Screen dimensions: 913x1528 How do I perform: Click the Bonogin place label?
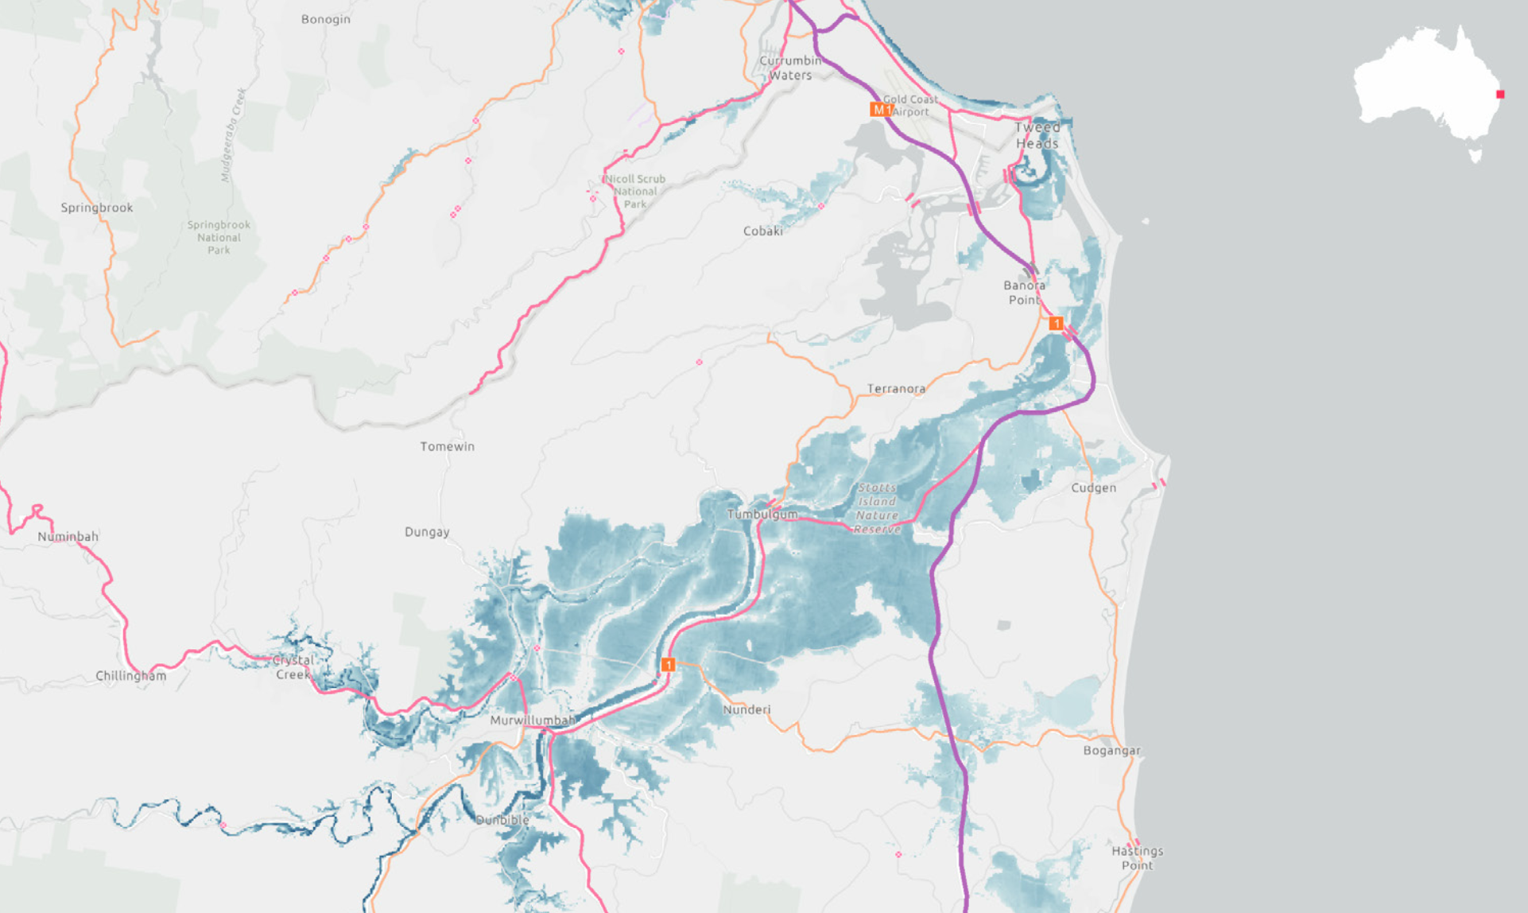tap(325, 19)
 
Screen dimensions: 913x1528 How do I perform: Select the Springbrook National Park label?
tap(219, 237)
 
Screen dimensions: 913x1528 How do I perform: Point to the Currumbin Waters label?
tap(789, 68)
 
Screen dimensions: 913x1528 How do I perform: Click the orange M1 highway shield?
tap(880, 110)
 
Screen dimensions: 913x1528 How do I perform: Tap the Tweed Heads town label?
tap(1037, 135)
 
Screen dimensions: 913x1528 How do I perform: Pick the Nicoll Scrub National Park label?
tap(635, 192)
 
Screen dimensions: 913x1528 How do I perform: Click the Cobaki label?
tap(762, 231)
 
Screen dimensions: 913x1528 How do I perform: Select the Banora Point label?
tap(1024, 292)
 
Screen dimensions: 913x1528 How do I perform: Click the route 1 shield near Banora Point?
tap(1056, 323)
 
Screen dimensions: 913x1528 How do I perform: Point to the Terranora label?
tap(896, 389)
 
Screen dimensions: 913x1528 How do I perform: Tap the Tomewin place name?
tap(447, 447)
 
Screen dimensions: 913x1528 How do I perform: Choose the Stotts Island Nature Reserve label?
tap(878, 508)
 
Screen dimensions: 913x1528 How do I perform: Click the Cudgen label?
tap(1093, 488)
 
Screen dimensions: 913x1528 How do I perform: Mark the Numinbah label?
tap(68, 537)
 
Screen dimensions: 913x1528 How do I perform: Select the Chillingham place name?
tap(131, 676)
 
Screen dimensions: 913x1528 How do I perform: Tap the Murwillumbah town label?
tap(532, 721)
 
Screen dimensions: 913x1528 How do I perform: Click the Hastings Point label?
tap(1137, 858)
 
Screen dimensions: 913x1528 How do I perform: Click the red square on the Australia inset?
tap(1500, 95)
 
